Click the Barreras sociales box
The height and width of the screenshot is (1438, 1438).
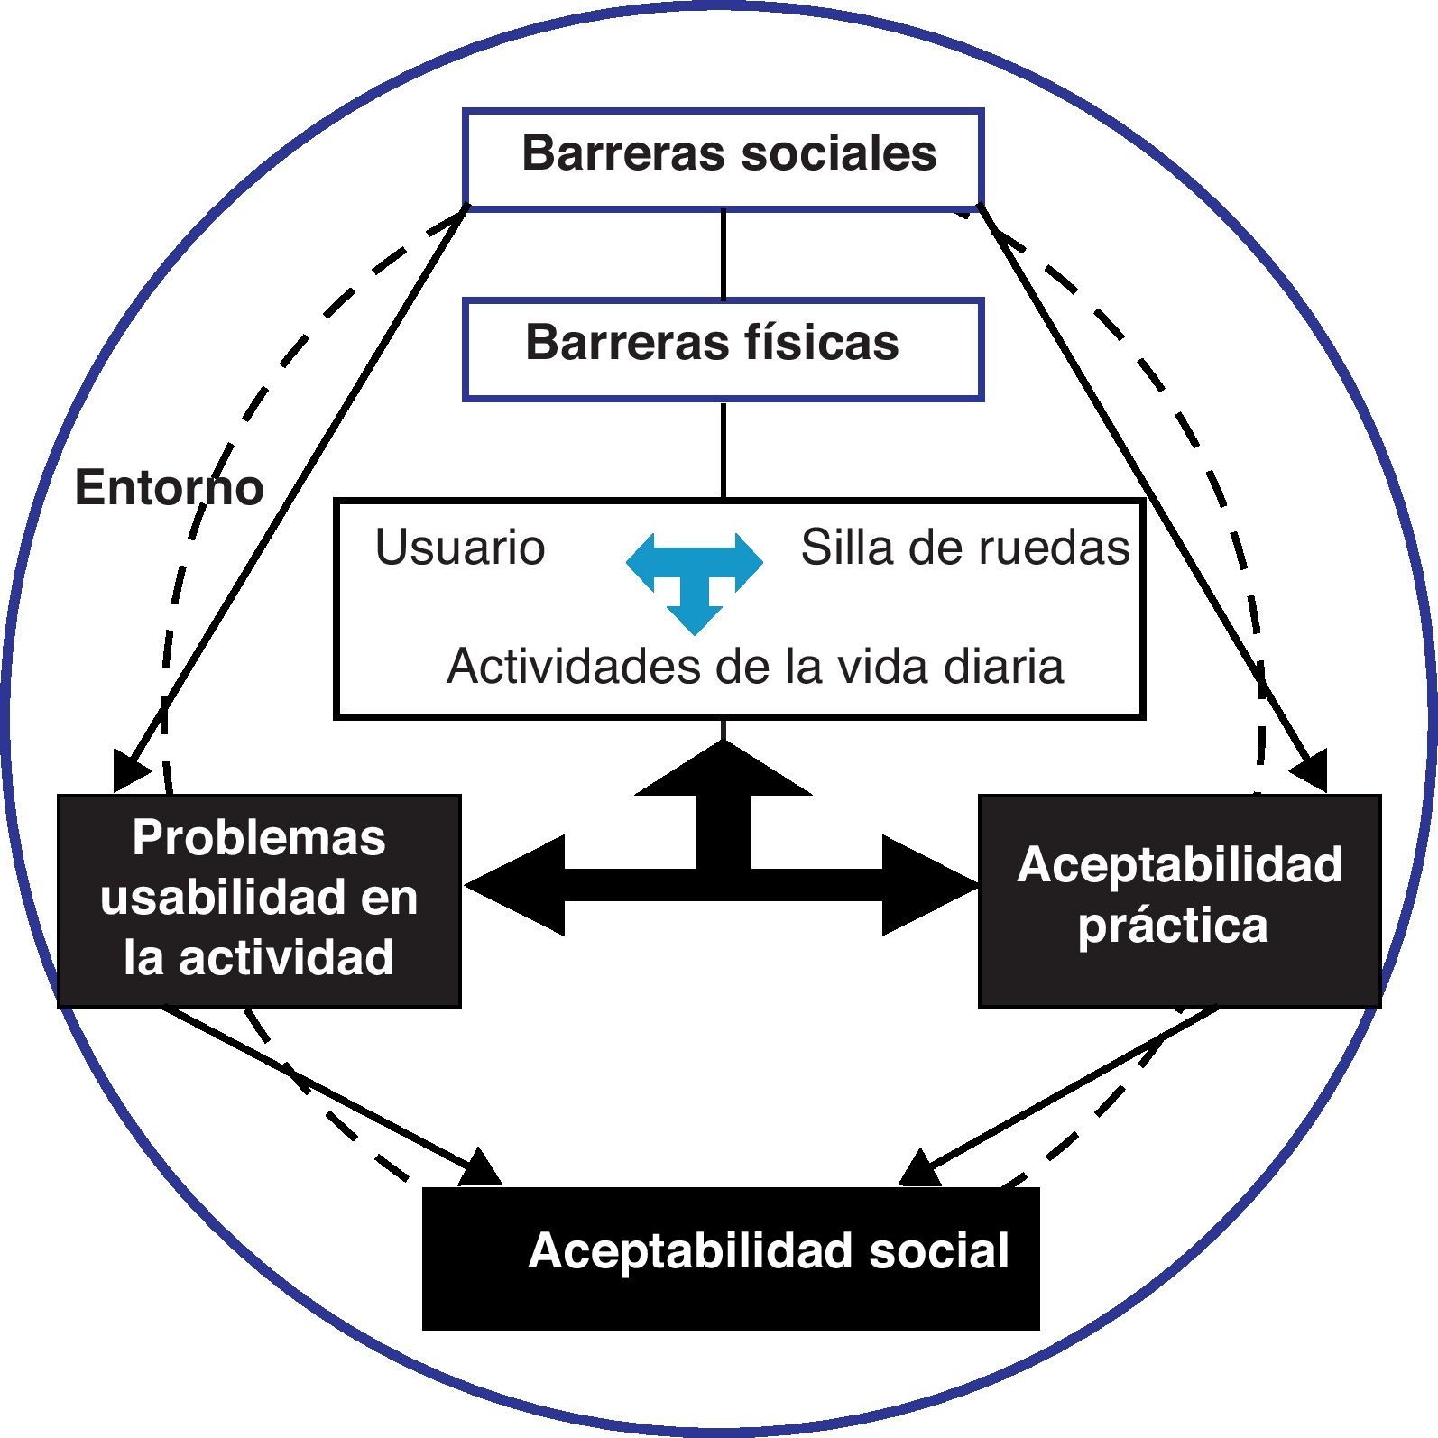[723, 159]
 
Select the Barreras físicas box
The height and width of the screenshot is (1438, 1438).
[723, 350]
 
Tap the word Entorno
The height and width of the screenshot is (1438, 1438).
[169, 488]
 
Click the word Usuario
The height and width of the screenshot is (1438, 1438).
[460, 548]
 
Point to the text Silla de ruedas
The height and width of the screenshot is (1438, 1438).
[964, 548]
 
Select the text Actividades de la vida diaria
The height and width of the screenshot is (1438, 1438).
[755, 667]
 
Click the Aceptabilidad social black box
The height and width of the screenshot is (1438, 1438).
[731, 1258]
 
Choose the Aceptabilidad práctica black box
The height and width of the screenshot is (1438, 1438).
[1179, 899]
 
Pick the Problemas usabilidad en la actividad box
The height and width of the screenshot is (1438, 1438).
[259, 899]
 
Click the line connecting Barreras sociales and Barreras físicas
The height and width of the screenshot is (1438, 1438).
[723, 254]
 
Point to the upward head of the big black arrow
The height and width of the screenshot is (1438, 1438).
[723, 771]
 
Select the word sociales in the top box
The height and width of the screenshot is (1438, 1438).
[839, 153]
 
